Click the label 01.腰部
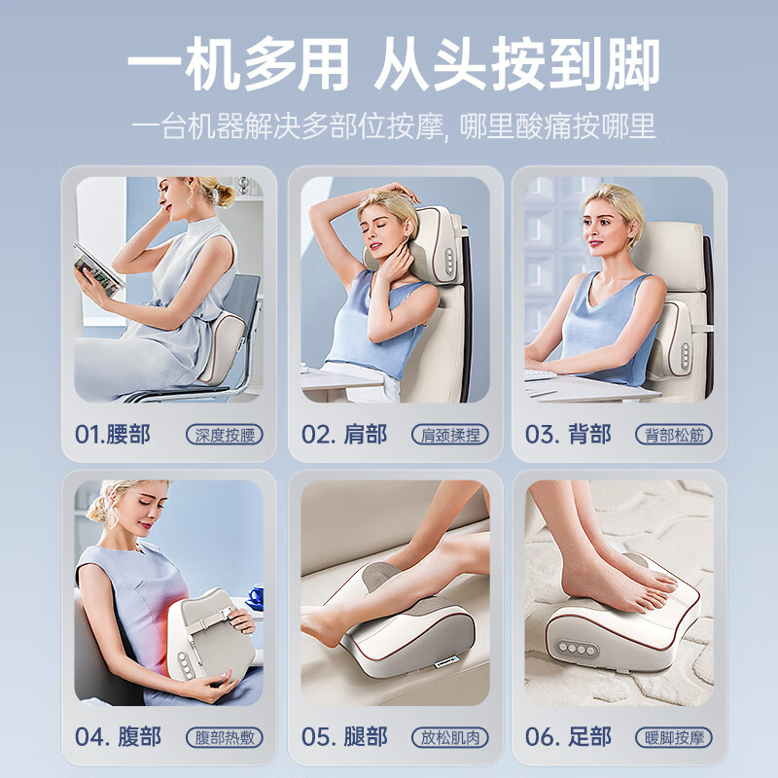[112, 435]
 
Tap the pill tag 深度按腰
[225, 435]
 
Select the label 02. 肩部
[344, 435]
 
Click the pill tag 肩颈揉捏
[450, 435]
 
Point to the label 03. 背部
[568, 435]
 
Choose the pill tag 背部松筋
[674, 435]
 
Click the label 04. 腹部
[118, 737]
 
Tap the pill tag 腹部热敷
[225, 737]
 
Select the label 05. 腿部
[344, 737]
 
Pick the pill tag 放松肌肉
[450, 737]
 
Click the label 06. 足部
[568, 737]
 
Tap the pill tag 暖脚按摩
[674, 737]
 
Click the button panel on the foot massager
[577, 648]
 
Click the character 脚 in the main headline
[631, 64]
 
